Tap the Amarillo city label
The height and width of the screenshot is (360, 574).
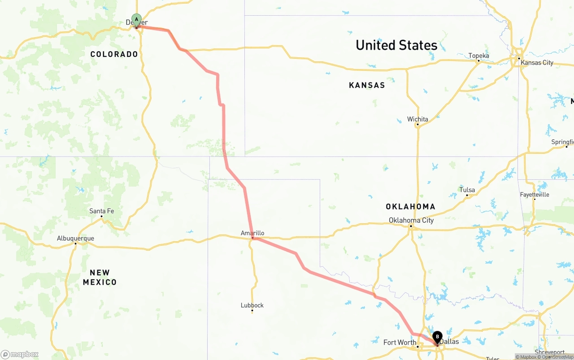click(x=252, y=233)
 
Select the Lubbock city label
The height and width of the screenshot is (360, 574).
click(x=252, y=305)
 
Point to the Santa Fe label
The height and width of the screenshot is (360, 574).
click(x=101, y=211)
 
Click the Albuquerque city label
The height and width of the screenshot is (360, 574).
click(x=75, y=238)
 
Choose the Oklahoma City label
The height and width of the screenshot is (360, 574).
click(x=411, y=220)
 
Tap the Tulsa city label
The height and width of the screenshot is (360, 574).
click(x=467, y=190)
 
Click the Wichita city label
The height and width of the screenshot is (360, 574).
click(x=417, y=119)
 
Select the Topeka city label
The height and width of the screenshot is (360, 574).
click(x=478, y=56)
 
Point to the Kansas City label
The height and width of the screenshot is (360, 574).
click(x=537, y=62)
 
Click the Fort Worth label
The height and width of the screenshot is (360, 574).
click(x=400, y=343)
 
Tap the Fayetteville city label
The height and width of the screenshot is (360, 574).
click(x=535, y=195)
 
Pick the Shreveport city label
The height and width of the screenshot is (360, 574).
click(x=550, y=352)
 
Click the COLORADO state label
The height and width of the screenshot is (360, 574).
click(x=114, y=54)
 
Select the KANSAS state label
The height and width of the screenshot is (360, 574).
click(x=367, y=85)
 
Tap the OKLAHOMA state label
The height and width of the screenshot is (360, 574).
click(x=410, y=207)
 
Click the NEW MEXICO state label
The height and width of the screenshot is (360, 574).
click(x=100, y=278)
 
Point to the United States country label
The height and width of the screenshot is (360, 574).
click(x=396, y=45)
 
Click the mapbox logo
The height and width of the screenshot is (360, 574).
click(x=20, y=354)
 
